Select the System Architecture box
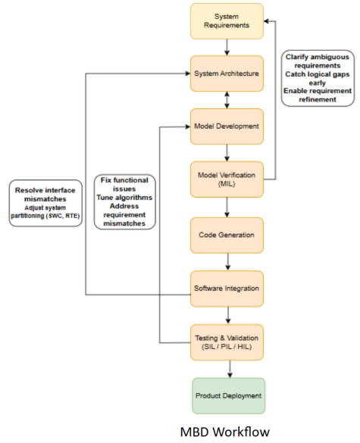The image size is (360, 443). (227, 73)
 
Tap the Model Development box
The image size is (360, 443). (227, 126)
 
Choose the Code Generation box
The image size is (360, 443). (227, 235)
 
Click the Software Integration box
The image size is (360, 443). (227, 289)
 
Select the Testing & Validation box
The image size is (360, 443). (227, 342)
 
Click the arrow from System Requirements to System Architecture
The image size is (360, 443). (227, 47)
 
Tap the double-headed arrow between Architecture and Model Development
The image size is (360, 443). (227, 100)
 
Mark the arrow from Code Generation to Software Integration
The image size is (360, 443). (227, 262)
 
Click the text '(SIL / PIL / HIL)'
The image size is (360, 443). (227, 347)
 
